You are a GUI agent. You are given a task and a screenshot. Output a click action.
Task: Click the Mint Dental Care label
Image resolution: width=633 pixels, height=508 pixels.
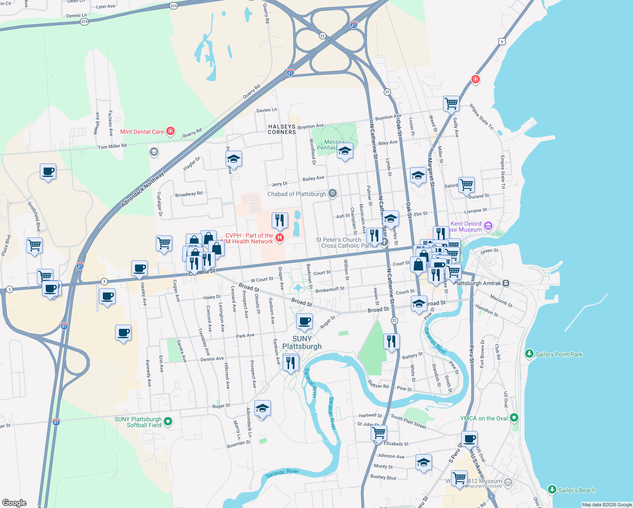[x=142, y=132]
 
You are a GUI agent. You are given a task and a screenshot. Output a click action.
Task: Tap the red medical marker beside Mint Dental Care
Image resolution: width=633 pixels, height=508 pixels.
[x=171, y=131]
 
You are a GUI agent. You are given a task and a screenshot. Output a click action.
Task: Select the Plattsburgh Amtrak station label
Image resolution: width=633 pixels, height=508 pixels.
[x=477, y=283]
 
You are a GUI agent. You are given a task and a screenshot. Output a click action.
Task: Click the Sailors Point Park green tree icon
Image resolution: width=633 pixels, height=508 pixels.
[x=529, y=353]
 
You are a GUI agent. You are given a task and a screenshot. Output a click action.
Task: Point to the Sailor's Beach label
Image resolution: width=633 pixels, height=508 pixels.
[x=576, y=490]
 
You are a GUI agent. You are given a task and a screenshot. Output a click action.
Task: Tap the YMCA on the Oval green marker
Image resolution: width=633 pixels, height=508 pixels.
[x=514, y=418]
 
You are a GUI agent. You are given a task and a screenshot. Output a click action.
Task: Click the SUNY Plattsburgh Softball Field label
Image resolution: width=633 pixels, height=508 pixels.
[x=138, y=422]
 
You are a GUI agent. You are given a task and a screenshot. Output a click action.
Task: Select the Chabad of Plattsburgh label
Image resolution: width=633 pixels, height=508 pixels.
[x=297, y=194]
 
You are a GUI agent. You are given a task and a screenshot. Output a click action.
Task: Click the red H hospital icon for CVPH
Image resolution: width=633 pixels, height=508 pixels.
[x=279, y=238]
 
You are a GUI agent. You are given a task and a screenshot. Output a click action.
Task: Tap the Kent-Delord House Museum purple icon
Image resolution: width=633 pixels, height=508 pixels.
[x=488, y=226]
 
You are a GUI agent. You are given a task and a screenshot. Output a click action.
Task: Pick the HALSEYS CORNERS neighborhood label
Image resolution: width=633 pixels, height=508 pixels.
[x=282, y=129]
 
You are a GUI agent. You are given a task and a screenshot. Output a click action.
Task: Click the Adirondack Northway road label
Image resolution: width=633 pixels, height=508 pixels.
[x=142, y=189]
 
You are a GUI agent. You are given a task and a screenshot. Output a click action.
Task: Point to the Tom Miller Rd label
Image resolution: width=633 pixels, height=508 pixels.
[x=112, y=146]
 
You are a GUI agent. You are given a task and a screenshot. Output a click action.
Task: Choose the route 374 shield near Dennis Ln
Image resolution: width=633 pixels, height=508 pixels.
[x=84, y=22]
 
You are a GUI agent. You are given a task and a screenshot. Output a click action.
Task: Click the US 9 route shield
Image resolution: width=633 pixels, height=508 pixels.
[x=502, y=41]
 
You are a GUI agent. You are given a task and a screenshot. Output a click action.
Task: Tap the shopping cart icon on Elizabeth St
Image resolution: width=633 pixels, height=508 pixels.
[x=379, y=433]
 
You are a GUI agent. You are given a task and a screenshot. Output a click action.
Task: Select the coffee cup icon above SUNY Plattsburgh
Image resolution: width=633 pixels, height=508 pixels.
[x=304, y=321]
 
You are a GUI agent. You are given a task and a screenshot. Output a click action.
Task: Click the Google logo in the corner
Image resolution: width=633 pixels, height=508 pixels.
[x=14, y=502]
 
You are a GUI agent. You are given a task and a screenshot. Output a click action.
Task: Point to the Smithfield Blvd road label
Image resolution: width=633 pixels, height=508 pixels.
[x=34, y=216]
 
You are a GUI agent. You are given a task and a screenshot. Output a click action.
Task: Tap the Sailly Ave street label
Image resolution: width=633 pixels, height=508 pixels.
[x=456, y=127]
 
